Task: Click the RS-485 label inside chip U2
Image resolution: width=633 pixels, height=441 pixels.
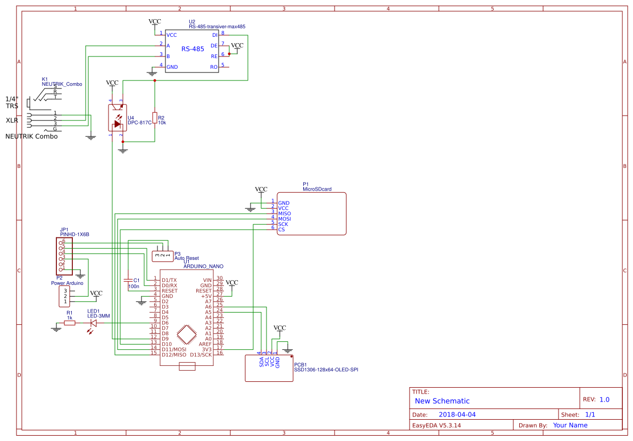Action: [193, 49]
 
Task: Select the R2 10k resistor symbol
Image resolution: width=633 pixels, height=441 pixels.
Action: [155, 118]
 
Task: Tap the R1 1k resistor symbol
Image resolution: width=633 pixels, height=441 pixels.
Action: [69, 323]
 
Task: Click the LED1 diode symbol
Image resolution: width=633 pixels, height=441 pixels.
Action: [93, 323]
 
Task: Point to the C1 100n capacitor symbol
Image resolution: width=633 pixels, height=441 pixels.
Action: [128, 280]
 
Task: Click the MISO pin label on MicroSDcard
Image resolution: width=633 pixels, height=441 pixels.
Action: [284, 214]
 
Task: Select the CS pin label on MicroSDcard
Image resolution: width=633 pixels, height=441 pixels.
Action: [281, 230]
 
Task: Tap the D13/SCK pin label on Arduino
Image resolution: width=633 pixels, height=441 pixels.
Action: [202, 355]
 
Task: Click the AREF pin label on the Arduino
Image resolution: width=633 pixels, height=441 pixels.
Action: [205, 344]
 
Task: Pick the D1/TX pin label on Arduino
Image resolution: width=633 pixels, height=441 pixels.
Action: [170, 280]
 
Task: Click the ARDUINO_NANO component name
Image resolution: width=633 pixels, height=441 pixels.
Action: [203, 266]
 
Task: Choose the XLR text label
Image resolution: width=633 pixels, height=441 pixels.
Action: [12, 120]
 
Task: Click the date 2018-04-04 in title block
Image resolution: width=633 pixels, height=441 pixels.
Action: [457, 414]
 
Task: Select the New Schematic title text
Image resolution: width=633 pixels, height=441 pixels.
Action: [442, 401]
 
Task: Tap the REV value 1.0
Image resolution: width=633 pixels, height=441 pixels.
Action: [604, 399]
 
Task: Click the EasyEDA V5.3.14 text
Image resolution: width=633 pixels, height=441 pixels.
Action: [437, 426]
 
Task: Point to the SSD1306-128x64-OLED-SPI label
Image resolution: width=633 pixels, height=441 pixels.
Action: [326, 369]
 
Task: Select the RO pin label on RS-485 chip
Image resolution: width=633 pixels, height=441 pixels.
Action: [214, 67]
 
